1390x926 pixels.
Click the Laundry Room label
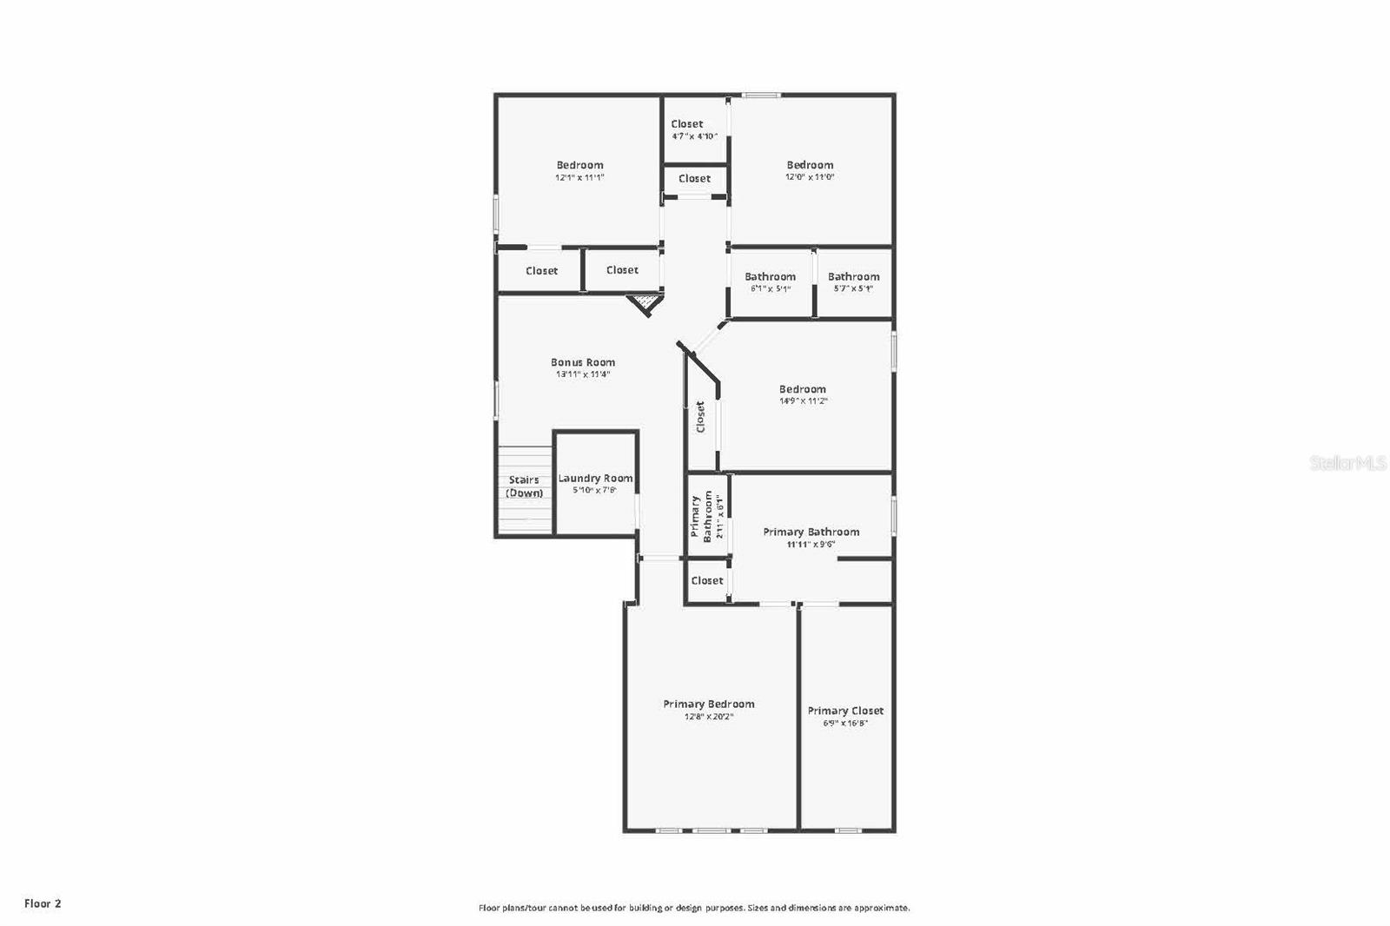pyautogui.click(x=595, y=478)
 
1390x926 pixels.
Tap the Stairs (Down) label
pyautogui.click(x=524, y=486)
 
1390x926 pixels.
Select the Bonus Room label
pyautogui.click(x=583, y=362)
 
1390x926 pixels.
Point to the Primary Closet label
pyautogui.click(x=845, y=711)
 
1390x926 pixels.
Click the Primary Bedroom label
pyautogui.click(x=709, y=704)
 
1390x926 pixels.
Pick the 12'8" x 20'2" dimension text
pyautogui.click(x=709, y=717)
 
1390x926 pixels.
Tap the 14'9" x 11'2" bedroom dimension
pyautogui.click(x=803, y=401)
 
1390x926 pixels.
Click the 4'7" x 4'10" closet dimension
pyautogui.click(x=694, y=136)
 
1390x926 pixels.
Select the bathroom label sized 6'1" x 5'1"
pyautogui.click(x=770, y=276)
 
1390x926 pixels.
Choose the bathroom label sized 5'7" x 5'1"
pyautogui.click(x=853, y=276)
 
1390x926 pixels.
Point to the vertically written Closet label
pyautogui.click(x=700, y=416)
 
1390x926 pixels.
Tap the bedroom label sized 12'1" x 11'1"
pyautogui.click(x=579, y=165)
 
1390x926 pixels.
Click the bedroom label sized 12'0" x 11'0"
pyautogui.click(x=810, y=165)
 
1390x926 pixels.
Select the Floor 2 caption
pyautogui.click(x=43, y=903)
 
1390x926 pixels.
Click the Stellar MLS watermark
pyautogui.click(x=1347, y=464)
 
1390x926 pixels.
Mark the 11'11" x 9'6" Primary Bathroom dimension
pyautogui.click(x=811, y=545)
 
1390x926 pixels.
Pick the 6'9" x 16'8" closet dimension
pyautogui.click(x=845, y=723)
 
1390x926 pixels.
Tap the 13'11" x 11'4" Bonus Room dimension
pyautogui.click(x=583, y=374)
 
